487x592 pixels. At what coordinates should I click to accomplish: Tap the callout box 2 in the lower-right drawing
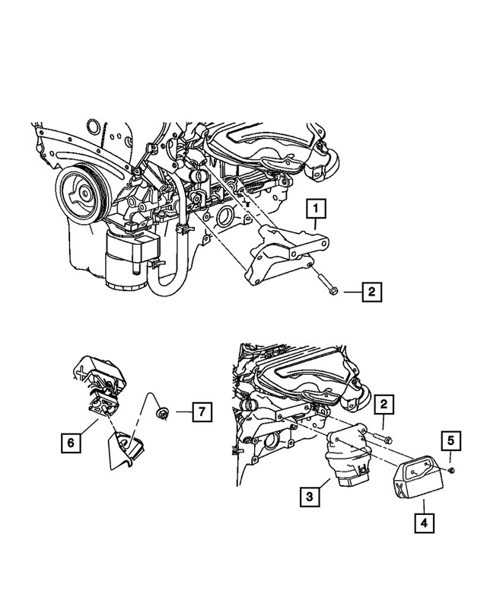[387, 405]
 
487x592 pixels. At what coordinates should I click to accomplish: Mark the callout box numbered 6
[69, 440]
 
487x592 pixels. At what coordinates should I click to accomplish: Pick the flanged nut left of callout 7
[161, 413]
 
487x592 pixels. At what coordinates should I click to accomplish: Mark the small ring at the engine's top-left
[91, 126]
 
